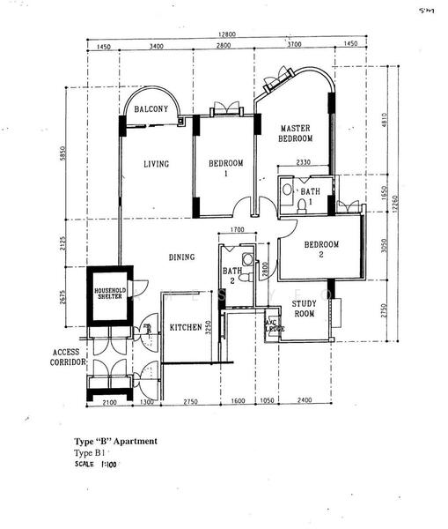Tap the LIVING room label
156,163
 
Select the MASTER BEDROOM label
295,133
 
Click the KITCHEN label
186,327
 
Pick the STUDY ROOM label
304,309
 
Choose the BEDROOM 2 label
321,250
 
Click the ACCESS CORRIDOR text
66,356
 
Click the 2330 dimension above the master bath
302,163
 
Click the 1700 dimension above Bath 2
236,231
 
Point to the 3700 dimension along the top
293,44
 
